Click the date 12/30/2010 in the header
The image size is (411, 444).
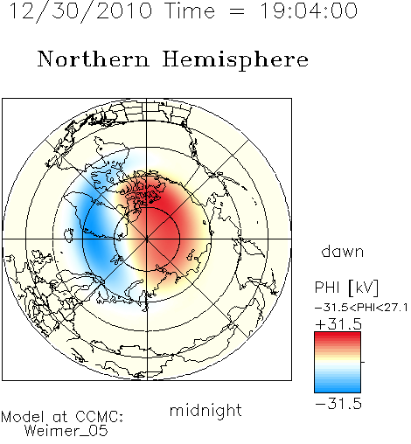80,11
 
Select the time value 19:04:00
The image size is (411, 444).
309,11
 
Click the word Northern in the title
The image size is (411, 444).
94,59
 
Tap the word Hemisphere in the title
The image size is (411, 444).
235,60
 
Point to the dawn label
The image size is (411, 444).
343,251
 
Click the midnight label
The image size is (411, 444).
205,411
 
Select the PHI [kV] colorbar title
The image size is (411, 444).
346,288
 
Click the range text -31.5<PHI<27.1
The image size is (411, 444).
361,308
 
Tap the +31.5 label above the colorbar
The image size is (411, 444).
338,324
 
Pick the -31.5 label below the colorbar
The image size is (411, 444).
338,404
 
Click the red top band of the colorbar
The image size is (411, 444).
338,336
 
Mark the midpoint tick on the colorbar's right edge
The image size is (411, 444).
363,362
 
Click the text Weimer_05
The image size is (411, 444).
66,430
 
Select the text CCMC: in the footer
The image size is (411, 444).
100,417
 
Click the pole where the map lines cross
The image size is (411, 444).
147,239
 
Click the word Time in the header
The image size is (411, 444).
190,11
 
